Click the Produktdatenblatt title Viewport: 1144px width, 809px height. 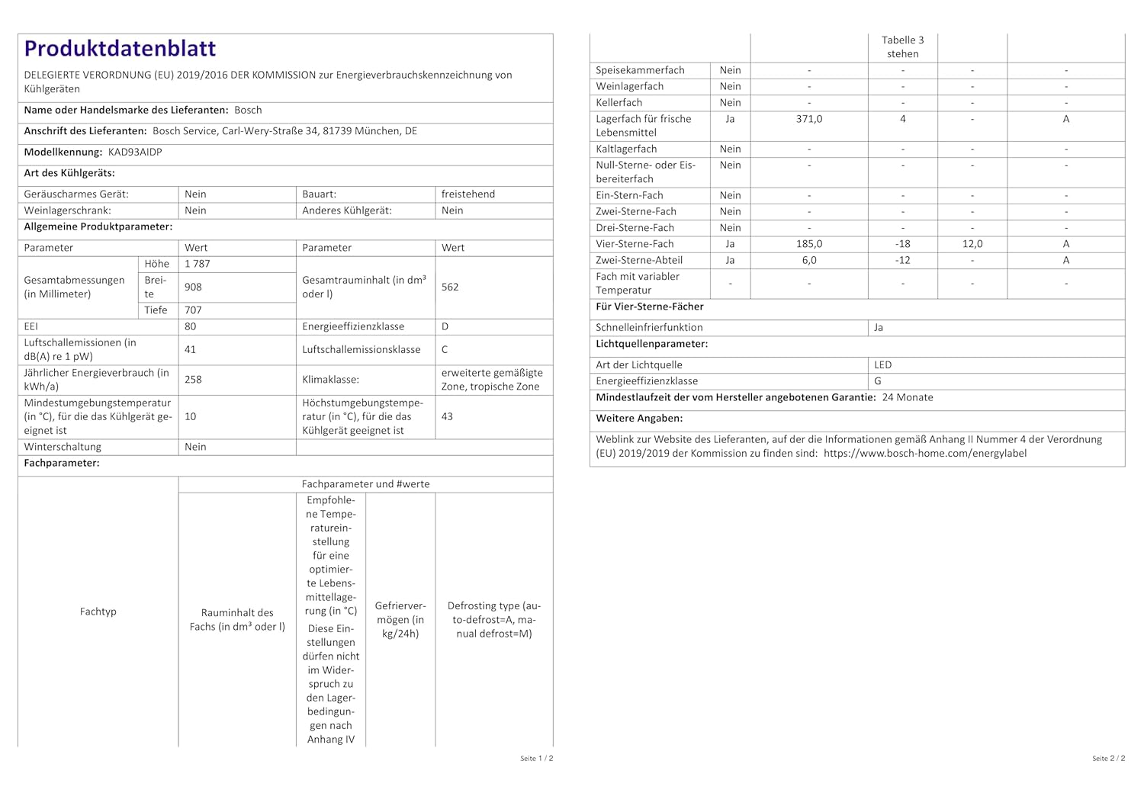pos(120,49)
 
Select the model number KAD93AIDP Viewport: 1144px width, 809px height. pos(135,152)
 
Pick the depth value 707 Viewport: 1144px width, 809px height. pos(193,310)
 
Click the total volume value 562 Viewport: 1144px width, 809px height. pos(450,287)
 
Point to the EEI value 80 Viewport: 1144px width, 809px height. pos(191,326)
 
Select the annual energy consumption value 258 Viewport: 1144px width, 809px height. pos(193,379)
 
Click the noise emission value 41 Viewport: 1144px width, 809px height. pos(191,349)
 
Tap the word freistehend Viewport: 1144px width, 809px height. pos(468,194)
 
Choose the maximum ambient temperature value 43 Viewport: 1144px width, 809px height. pos(447,416)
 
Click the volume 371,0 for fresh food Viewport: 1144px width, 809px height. pos(809,119)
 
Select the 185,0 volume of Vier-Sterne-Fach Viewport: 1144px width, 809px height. pos(809,244)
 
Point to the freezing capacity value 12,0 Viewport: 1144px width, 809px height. pos(972,244)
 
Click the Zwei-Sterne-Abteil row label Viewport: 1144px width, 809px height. pos(639,260)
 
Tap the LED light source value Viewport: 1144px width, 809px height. pos(883,364)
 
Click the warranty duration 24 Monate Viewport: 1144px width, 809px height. pos(908,397)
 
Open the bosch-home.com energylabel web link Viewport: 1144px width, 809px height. pos(925,453)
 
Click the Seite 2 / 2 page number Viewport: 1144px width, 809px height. pos(1108,759)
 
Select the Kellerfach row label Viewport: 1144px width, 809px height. pos(619,103)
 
